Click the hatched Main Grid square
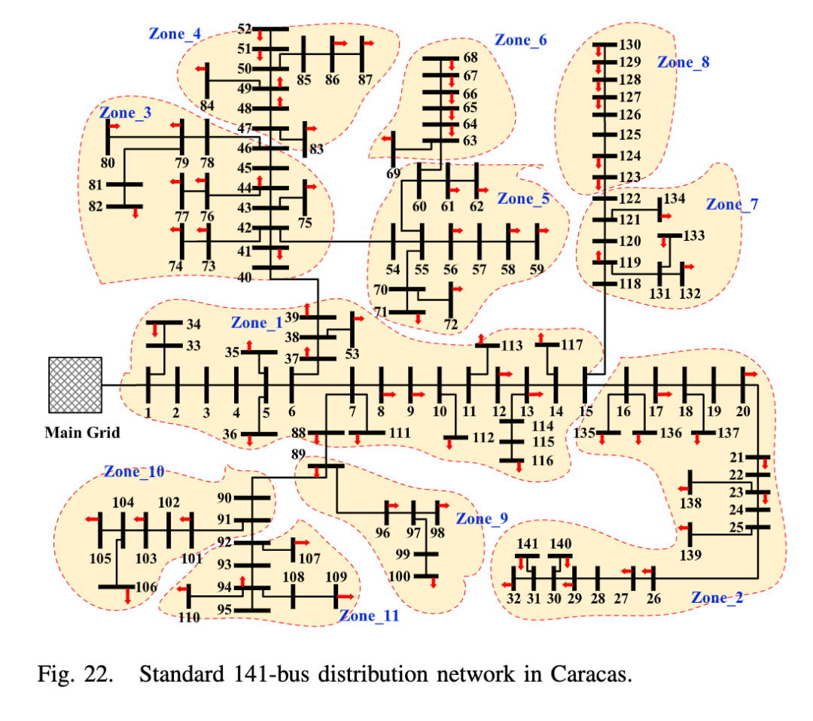click(x=75, y=385)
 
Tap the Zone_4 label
click(x=175, y=34)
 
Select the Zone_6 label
click(x=520, y=40)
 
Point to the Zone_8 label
click(x=683, y=62)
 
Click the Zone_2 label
click(x=717, y=598)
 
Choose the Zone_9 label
click(x=482, y=519)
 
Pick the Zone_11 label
click(x=369, y=616)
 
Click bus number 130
click(x=629, y=45)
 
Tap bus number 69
click(x=393, y=175)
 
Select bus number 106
click(x=146, y=588)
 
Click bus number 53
click(x=352, y=353)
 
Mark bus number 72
click(x=450, y=324)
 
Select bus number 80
click(x=108, y=163)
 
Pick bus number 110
click(x=188, y=617)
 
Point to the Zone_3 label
click(x=125, y=113)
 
